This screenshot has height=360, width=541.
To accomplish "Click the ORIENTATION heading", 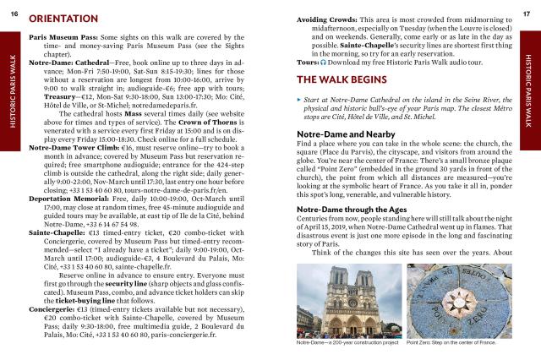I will click(68, 18).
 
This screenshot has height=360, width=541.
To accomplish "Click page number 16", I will click(13, 6).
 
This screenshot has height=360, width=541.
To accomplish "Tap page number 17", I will click(527, 6).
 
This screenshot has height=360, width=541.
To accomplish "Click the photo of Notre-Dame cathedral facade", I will click(347, 299).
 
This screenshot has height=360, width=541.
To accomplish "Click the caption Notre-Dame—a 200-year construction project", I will click(347, 343).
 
